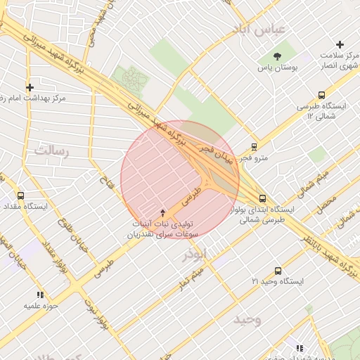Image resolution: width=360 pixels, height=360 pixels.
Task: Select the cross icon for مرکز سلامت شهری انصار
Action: (340, 44)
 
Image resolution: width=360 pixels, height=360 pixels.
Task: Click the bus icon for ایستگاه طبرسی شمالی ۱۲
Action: (322, 95)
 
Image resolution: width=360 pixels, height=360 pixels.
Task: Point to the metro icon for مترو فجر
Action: (254, 147)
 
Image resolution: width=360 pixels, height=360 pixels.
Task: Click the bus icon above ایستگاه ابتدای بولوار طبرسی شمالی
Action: (262, 198)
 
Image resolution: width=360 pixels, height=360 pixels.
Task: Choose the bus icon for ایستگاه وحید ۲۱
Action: (278, 270)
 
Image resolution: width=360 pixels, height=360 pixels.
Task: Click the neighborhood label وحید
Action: (247, 320)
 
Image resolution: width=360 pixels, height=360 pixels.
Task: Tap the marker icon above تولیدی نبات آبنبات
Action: (164, 212)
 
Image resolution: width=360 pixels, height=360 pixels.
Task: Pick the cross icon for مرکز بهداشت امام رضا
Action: (30, 87)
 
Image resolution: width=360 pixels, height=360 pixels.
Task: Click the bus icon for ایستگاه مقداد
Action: (20, 196)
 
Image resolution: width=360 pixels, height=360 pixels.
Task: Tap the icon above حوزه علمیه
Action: (40, 295)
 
